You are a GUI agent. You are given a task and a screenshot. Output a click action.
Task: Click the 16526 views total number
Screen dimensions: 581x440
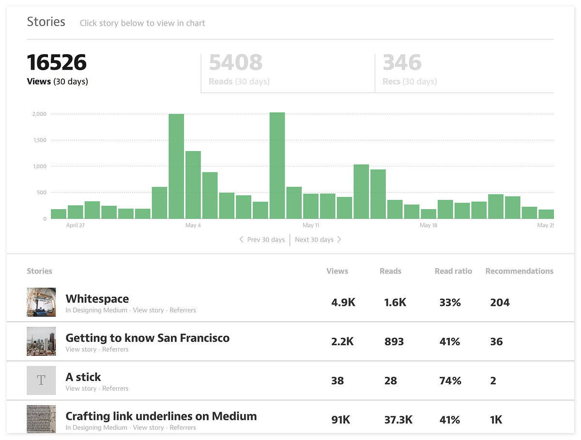(57, 62)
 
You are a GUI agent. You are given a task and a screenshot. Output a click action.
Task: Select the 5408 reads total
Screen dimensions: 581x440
(236, 62)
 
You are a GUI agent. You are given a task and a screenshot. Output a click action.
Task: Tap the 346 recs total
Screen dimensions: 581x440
(402, 62)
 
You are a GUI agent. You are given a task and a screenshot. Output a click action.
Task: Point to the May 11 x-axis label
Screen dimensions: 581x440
(311, 225)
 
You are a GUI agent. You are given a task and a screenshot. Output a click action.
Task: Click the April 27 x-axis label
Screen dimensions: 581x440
(76, 225)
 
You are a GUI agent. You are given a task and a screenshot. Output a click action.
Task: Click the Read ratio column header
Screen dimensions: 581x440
(453, 271)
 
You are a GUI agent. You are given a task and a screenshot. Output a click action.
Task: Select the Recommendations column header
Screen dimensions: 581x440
(520, 271)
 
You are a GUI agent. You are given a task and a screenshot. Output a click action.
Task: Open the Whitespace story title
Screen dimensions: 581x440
(97, 299)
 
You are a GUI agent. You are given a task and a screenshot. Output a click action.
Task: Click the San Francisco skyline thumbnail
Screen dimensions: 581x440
(41, 341)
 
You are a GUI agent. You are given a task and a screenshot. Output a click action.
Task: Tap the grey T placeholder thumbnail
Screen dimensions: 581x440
(41, 380)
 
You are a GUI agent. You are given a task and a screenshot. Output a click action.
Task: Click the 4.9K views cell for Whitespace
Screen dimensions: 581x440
(343, 303)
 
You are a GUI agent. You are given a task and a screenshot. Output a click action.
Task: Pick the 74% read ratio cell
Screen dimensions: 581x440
(450, 381)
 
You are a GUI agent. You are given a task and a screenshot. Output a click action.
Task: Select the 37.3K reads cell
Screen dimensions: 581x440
(398, 420)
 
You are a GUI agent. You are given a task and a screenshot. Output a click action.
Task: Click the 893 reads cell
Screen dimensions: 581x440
(394, 342)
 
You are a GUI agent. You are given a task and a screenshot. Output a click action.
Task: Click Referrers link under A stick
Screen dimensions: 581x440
(115, 388)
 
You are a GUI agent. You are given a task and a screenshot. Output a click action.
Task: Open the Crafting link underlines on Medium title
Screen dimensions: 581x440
(161, 416)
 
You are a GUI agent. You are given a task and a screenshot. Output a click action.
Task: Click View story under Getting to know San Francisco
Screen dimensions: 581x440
(81, 349)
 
